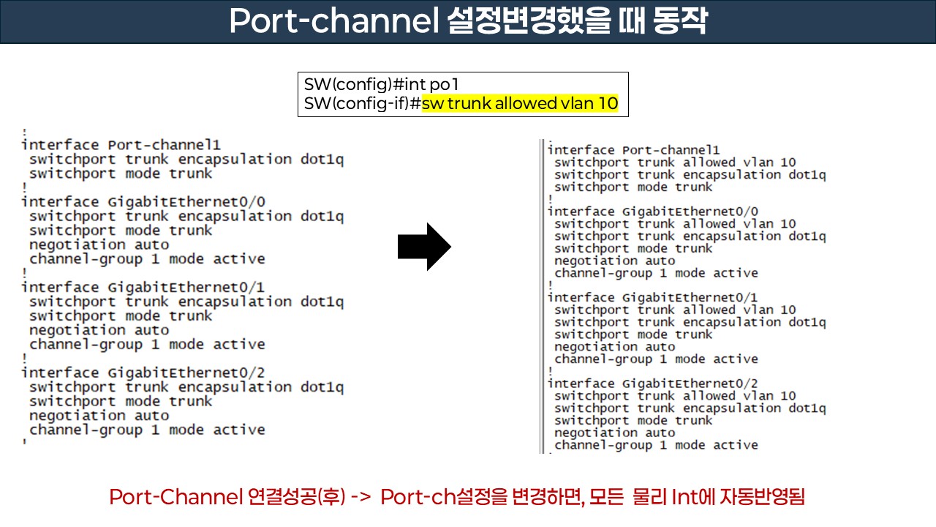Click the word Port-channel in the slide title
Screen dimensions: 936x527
(x=332, y=21)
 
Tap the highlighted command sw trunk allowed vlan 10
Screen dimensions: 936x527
(x=520, y=104)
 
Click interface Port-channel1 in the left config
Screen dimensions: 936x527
(x=121, y=145)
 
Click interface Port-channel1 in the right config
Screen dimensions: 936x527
(x=633, y=150)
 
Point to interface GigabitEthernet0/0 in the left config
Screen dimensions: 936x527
(x=143, y=202)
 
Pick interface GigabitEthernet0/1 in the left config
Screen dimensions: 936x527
(x=143, y=288)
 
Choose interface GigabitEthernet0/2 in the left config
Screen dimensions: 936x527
(x=143, y=373)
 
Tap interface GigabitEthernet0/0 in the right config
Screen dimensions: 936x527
(x=652, y=212)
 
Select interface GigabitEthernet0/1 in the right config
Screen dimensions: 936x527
(x=652, y=297)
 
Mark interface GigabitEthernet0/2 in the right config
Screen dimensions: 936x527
(x=652, y=384)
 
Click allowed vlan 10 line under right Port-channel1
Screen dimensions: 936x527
(x=675, y=162)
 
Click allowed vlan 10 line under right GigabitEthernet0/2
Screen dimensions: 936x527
(x=675, y=396)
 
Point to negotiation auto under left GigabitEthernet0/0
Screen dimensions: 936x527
(x=99, y=245)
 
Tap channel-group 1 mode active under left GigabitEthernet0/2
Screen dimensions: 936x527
(x=147, y=430)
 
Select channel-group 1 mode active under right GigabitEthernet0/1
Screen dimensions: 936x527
(x=656, y=359)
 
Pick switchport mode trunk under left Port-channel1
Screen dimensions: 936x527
(x=121, y=173)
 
